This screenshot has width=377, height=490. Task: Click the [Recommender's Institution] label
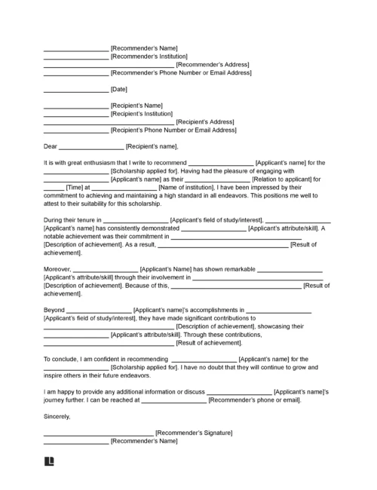coord(149,57)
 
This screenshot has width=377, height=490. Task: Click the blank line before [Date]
coord(75,90)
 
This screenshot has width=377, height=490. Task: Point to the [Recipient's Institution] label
coord(146,115)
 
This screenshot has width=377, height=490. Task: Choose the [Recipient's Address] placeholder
coord(206,122)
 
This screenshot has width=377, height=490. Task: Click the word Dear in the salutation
coord(50,146)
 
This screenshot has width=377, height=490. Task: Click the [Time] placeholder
coord(74,188)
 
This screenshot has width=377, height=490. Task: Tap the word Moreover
coord(57,269)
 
